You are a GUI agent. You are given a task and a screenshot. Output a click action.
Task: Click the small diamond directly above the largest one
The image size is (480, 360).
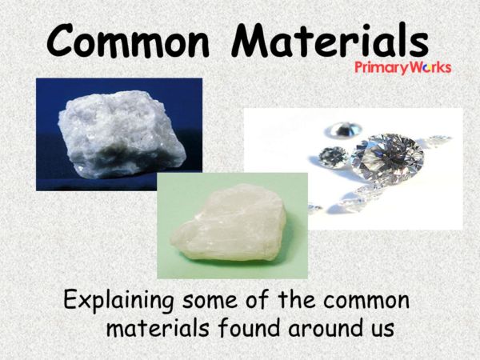pos(345,128)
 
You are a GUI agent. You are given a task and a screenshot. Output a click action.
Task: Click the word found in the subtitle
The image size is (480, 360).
pos(244,328)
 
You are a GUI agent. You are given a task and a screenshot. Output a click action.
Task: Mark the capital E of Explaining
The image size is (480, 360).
pos(70,302)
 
